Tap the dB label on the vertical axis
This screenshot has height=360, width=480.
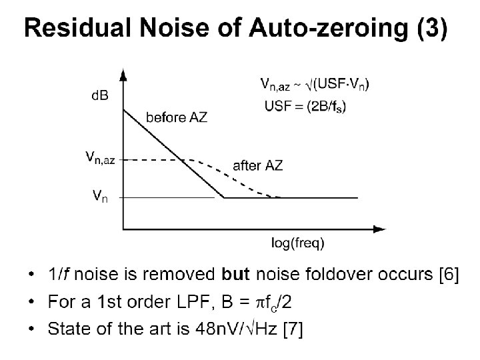tap(99, 95)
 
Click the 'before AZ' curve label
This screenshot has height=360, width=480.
tap(176, 117)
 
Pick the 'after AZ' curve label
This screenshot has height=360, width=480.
tap(257, 166)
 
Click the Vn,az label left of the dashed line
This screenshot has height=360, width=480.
tap(100, 159)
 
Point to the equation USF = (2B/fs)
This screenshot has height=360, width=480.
tap(305, 105)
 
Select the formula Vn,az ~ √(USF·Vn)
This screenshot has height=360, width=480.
tap(315, 83)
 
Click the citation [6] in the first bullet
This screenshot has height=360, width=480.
tap(446, 276)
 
